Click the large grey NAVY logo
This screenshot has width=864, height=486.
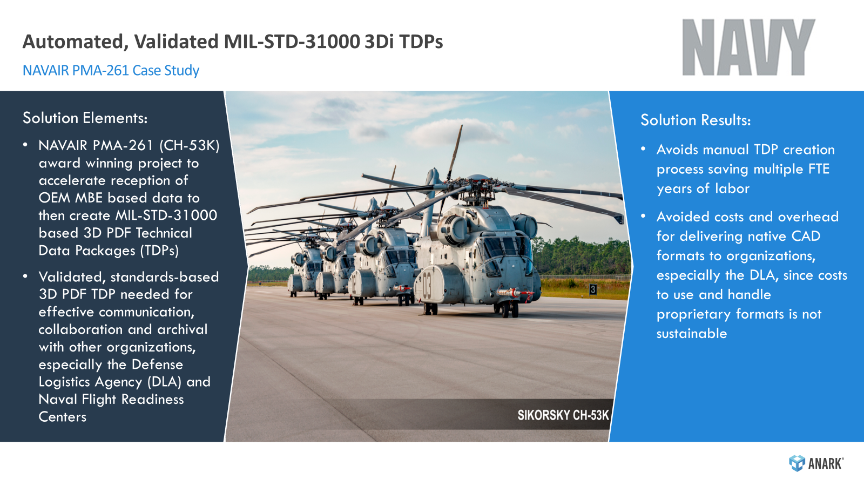pyautogui.click(x=748, y=48)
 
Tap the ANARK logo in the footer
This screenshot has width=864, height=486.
pyautogui.click(x=816, y=463)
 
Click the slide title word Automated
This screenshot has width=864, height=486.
pyautogui.click(x=75, y=42)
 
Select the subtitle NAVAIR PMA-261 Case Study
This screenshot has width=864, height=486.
pyautogui.click(x=111, y=70)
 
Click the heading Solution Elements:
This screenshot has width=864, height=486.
pyautogui.click(x=85, y=118)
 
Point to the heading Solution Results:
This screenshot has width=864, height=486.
pyautogui.click(x=696, y=120)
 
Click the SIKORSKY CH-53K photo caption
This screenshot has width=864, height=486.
pyautogui.click(x=563, y=415)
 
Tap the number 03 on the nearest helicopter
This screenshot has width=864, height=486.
pyautogui.click(x=427, y=286)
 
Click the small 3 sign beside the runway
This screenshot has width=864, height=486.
pyautogui.click(x=593, y=289)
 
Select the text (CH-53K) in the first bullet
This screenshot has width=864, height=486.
pyautogui.click(x=189, y=145)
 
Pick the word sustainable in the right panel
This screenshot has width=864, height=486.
pyautogui.click(x=692, y=334)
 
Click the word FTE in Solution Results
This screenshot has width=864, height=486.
pyautogui.click(x=819, y=169)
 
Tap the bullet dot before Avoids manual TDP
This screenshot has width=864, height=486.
pyautogui.click(x=643, y=149)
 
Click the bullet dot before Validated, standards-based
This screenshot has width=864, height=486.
pyautogui.click(x=25, y=276)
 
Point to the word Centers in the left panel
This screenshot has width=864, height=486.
pyautogui.click(x=63, y=417)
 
